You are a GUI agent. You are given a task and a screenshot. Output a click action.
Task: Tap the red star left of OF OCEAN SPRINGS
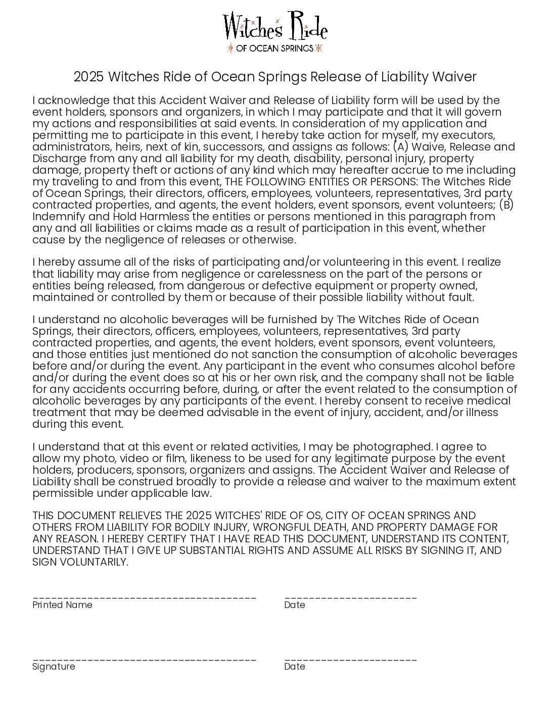231,48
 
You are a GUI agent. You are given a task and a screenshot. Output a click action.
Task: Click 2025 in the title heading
88,77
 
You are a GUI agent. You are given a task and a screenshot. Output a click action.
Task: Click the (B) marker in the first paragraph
506,205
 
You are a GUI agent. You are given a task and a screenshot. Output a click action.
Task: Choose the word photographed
392,447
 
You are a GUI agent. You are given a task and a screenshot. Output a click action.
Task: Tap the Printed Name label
62,605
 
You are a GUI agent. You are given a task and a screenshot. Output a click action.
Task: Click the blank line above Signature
144,659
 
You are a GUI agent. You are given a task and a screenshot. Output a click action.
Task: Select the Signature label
54,667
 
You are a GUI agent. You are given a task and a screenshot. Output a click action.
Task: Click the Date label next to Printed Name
295,605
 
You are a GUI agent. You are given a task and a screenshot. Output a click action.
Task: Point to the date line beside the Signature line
350,659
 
